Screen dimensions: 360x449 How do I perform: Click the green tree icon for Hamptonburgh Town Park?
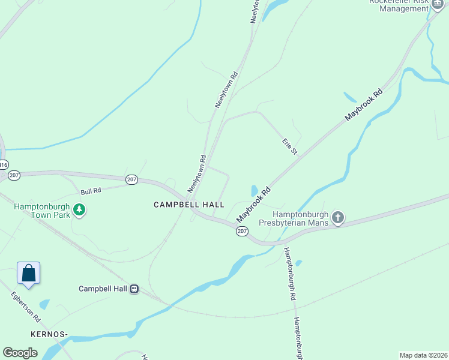pos(79,209)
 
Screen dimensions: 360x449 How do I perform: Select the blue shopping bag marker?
pos(28,273)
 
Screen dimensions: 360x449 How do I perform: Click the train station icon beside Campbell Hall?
pos(135,289)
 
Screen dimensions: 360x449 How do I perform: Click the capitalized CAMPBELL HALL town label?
pos(188,205)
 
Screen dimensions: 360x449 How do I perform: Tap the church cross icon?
pos(338,217)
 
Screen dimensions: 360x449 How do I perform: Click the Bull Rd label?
pos(91,191)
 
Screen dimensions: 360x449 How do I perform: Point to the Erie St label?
pos(291,146)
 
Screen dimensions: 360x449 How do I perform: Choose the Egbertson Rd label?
pos(25,307)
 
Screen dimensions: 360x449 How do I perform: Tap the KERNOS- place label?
pos(49,333)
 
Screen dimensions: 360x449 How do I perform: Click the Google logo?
pos(20,353)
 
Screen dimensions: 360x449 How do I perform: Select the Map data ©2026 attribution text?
pos(423,355)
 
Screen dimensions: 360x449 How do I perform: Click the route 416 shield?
pos(4,164)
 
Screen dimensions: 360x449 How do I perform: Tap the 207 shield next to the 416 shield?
pos(14,175)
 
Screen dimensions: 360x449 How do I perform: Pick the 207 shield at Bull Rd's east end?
pos(132,179)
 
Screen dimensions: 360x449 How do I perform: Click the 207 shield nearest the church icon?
pos(242,232)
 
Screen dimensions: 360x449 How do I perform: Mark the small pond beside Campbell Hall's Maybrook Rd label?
pos(255,190)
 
